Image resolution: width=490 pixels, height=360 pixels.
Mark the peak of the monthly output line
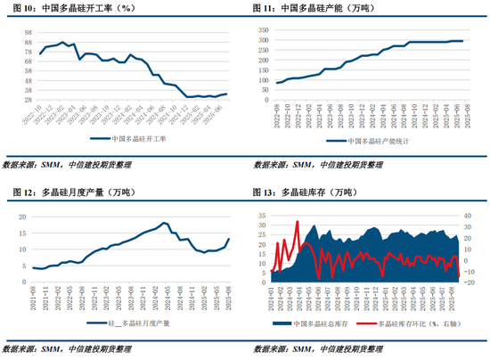click(165, 223)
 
